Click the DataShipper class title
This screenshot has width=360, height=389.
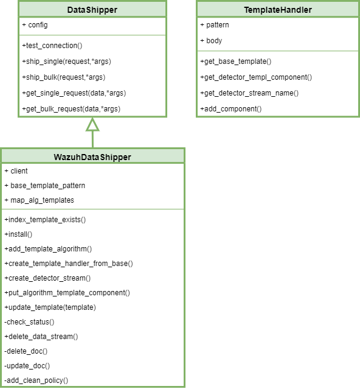coord(92,10)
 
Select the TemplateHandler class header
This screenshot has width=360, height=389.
coord(277,10)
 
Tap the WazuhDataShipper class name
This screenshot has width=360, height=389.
coord(92,157)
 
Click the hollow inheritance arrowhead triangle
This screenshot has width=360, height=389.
coord(92,125)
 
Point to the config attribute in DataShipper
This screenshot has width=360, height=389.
coord(35,25)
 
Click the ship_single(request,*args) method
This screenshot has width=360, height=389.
coord(66,61)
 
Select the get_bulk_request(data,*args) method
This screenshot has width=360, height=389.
coord(71,109)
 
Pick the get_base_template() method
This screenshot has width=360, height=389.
coord(235,61)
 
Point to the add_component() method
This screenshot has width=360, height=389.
coord(230,109)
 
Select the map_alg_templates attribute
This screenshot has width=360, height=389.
coord(39,200)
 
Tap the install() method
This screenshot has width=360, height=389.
coord(18,234)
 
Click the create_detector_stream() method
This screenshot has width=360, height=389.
coord(47,278)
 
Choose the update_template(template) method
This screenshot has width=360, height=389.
coord(50,307)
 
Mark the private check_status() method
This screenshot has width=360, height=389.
coord(29,322)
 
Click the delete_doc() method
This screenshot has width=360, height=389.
coord(26,351)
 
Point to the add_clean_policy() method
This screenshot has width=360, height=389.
coord(36,380)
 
